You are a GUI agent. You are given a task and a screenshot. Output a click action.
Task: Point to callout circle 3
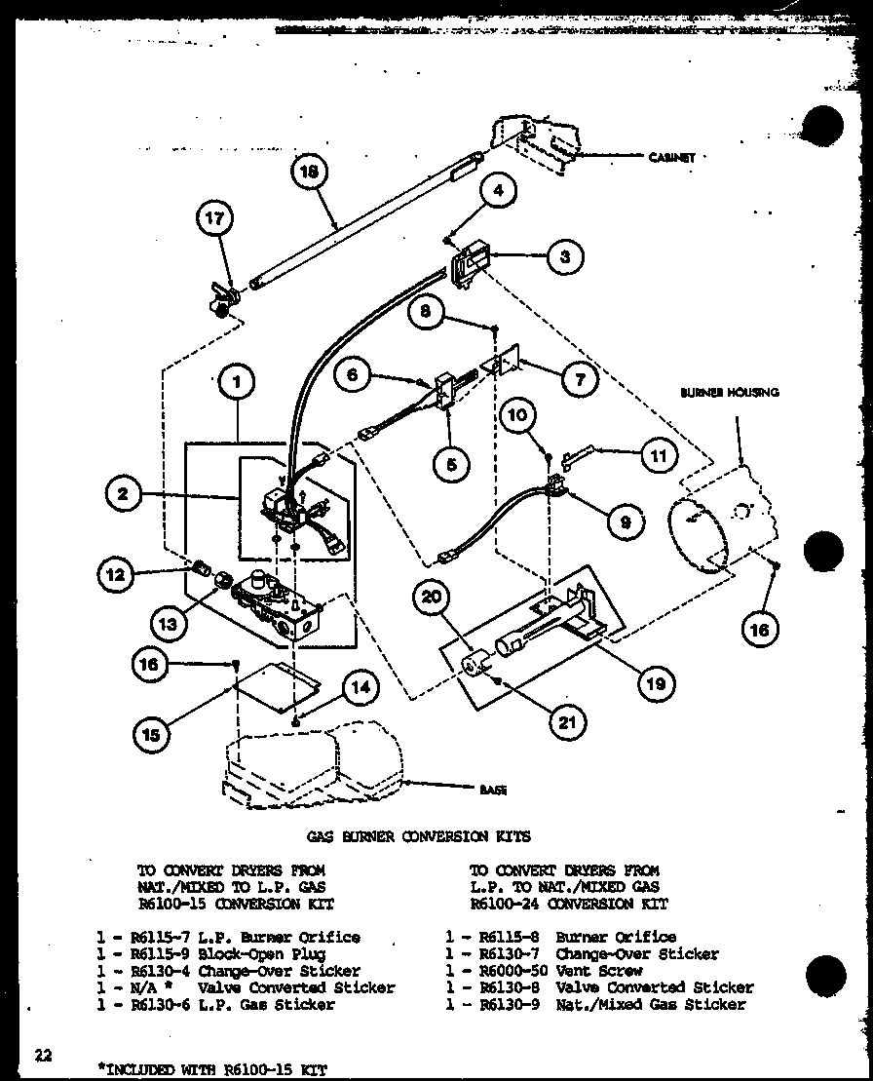click(564, 257)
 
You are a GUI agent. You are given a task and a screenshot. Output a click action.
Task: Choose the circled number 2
click(123, 494)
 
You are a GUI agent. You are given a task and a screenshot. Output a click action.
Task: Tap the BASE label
click(493, 791)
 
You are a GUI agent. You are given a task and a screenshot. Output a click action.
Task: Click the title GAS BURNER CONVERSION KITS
click(418, 836)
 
